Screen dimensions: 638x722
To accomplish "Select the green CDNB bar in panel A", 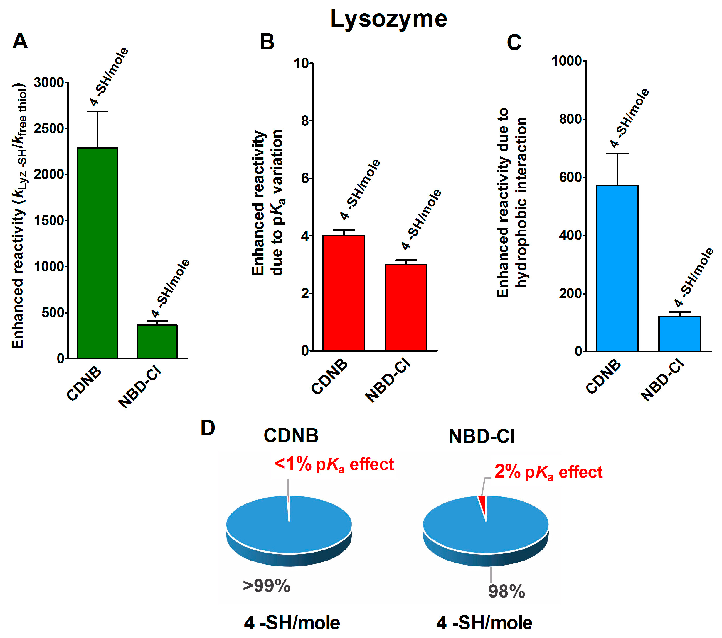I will coord(97,253).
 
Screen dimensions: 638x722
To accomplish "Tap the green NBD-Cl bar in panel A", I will coord(157,341).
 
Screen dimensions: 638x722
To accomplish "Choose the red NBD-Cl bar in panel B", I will coord(406,307).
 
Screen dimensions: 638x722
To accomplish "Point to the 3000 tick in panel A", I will coord(49,83).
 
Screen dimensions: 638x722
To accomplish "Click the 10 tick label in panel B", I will coord(301,64).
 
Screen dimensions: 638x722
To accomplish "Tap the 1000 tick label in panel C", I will coord(567,61).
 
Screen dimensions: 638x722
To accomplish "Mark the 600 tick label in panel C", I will coord(570,177).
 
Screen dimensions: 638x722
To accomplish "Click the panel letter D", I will coord(208,428).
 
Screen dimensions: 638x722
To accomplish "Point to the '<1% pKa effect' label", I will coord(334,464).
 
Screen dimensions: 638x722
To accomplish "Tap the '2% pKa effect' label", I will coord(548,472).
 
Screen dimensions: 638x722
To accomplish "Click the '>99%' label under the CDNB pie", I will coord(266,586).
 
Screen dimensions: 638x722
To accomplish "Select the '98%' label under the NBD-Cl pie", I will coord(506,591).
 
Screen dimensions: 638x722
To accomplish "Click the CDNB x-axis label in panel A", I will coord(84,384).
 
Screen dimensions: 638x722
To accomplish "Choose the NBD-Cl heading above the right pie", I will coord(482,436).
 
